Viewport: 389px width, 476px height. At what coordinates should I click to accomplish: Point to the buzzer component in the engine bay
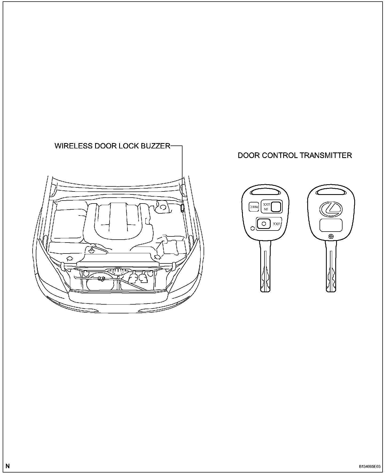pyautogui.click(x=182, y=208)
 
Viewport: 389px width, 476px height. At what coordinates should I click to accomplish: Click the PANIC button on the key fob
pyautogui.click(x=254, y=206)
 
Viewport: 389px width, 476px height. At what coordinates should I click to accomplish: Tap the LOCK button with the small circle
pyautogui.click(x=264, y=224)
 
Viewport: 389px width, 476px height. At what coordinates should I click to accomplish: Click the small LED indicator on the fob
pyautogui.click(x=252, y=228)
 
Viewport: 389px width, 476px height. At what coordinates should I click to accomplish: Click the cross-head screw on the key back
pyautogui.click(x=331, y=236)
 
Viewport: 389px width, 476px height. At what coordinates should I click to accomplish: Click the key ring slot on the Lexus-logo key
pyautogui.click(x=331, y=192)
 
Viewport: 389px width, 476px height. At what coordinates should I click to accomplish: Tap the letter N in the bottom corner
pyautogui.click(x=8, y=466)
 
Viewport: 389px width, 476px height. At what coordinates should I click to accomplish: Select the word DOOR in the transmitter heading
pyautogui.click(x=248, y=155)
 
